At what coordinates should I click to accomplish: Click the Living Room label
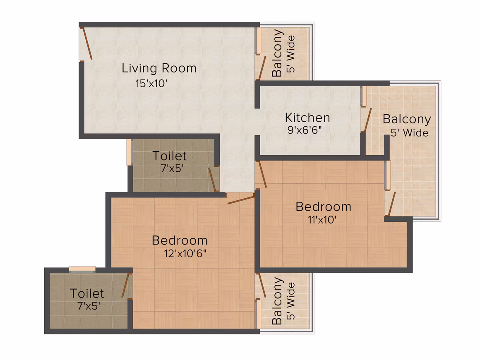coord(159,68)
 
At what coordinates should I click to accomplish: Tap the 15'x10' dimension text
coord(151,83)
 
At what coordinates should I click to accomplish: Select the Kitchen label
coord(307,118)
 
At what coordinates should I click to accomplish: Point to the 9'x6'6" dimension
coord(304,130)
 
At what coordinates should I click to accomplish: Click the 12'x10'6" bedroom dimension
coord(185,254)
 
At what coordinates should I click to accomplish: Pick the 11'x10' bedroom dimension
coord(322,219)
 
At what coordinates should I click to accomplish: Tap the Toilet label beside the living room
coord(169,156)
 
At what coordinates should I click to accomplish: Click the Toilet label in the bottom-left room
coord(87,293)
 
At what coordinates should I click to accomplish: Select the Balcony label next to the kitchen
coord(407,119)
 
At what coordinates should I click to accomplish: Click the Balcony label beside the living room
coord(277,53)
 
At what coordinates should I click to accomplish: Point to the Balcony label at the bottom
coord(277,301)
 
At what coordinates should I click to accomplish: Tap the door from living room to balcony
coord(262,68)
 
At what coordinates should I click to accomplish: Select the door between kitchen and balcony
coord(367,120)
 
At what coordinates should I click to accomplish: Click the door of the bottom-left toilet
coord(125,285)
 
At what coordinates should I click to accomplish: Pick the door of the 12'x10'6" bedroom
coord(241,200)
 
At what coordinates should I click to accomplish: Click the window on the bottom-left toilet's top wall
coord(82,269)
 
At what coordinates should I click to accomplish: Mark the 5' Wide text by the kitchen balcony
coord(409,133)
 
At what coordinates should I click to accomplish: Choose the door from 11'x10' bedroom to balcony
coord(392,204)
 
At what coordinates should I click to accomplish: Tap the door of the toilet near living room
coord(213,180)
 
